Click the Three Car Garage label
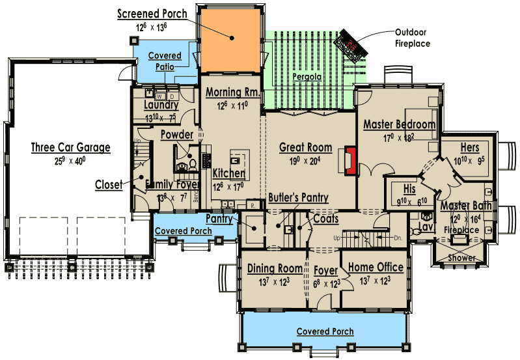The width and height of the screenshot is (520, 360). tap(70, 147)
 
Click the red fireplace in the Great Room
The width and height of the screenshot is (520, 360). tap(351, 161)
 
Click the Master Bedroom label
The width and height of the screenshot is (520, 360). tap(399, 124)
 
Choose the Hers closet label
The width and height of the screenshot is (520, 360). tap(469, 148)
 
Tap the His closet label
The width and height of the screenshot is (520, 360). tap(409, 189)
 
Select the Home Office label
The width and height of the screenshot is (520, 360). tap(376, 268)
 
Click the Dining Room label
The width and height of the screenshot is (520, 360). tap(275, 268)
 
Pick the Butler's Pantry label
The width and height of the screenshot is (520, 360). tap(298, 197)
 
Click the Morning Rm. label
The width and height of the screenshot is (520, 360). tap(232, 92)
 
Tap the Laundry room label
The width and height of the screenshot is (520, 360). tap(161, 105)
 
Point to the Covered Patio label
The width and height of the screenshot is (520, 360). tap(165, 61)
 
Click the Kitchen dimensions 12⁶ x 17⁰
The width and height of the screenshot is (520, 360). tap(228, 186)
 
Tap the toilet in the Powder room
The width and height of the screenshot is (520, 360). tap(193, 163)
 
